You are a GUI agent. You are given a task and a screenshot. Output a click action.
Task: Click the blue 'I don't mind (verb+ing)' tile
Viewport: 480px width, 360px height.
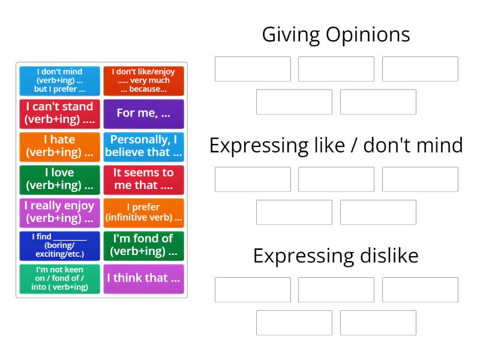click(59, 80)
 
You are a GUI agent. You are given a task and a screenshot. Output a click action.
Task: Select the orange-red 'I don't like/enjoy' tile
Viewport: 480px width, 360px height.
click(143, 80)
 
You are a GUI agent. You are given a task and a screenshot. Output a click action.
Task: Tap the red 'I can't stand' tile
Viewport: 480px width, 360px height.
click(59, 113)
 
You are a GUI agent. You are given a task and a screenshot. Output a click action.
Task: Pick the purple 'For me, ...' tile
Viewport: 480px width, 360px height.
click(143, 113)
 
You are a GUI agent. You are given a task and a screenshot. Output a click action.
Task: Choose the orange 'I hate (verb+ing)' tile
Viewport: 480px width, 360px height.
click(59, 146)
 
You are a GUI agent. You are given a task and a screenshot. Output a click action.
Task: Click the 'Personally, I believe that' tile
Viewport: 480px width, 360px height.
click(143, 146)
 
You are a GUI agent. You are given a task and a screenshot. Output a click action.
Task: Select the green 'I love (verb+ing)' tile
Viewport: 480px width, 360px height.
click(59, 179)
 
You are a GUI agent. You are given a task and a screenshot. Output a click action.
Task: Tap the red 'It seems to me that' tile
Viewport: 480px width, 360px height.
click(143, 179)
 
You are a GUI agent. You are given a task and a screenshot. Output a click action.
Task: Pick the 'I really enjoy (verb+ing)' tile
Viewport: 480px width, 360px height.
click(59, 212)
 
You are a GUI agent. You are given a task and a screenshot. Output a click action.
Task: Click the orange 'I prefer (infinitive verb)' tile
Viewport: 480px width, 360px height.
click(143, 212)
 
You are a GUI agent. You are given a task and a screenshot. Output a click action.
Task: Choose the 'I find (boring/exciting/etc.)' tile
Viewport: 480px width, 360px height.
click(59, 245)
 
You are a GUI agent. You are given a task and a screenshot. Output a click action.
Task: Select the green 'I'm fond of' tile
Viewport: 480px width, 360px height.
click(143, 245)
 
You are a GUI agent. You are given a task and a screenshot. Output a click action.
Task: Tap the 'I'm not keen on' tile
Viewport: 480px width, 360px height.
click(59, 278)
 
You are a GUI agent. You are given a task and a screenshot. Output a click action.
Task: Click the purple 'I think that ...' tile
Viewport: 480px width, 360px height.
click(143, 278)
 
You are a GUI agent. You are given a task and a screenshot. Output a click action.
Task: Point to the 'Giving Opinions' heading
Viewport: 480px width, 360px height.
click(336, 35)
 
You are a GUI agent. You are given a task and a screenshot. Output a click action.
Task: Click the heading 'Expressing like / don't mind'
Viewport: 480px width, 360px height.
click(336, 146)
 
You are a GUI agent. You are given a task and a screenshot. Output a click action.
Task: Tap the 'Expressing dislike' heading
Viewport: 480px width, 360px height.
click(336, 256)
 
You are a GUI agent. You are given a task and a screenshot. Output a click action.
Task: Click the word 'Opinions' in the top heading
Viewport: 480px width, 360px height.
click(368, 35)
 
